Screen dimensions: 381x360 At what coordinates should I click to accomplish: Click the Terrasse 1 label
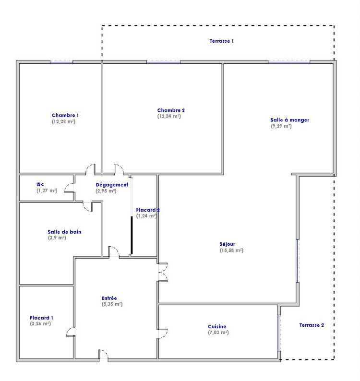point(221,41)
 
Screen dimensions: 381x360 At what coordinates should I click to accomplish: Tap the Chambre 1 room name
point(65,115)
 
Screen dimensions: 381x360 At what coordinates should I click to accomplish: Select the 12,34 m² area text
point(169,116)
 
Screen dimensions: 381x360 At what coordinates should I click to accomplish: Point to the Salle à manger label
point(289,120)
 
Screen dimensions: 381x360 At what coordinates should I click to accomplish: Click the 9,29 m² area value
point(281,126)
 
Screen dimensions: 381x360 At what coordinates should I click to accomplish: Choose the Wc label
point(40,184)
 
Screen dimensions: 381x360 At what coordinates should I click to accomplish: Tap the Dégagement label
point(112,185)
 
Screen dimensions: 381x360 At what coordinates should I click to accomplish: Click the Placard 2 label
point(147,210)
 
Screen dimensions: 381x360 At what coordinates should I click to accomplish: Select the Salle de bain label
point(64,232)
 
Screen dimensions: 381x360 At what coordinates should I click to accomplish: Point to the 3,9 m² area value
point(57,238)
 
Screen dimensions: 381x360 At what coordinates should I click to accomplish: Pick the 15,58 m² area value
point(231,250)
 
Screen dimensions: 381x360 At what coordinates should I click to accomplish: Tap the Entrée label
point(109,298)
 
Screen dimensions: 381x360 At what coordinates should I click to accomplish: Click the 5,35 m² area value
point(112,304)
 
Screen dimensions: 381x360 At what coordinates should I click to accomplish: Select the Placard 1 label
point(41,318)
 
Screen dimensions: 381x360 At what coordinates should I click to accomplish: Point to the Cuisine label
point(217,326)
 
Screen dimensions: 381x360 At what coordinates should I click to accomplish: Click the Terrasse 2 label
point(312,325)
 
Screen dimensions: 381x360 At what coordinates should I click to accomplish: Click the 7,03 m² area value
point(218,333)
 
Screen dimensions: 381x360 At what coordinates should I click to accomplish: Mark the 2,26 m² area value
point(40,324)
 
